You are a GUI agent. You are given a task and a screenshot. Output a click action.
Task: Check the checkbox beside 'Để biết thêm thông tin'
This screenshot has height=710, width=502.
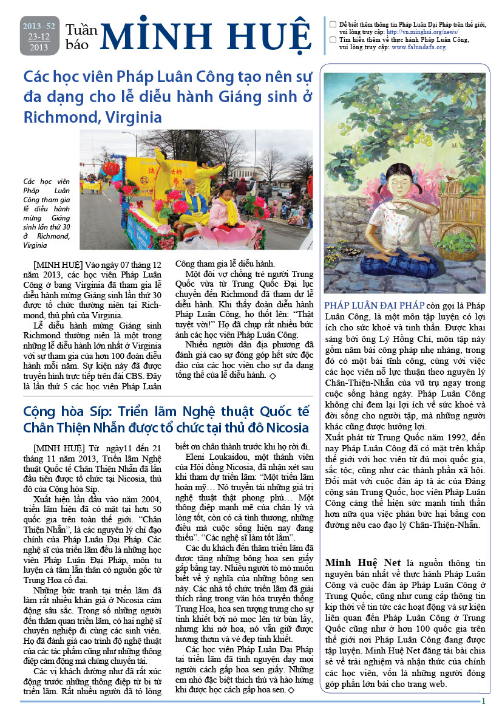click(x=333, y=24)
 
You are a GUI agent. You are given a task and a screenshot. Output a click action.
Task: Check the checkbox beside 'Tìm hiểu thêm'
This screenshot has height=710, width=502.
click(x=333, y=39)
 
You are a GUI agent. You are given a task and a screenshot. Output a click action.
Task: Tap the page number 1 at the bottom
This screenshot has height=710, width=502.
click(x=483, y=701)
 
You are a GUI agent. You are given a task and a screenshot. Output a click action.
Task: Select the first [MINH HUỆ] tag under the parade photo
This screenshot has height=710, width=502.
click(x=55, y=265)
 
